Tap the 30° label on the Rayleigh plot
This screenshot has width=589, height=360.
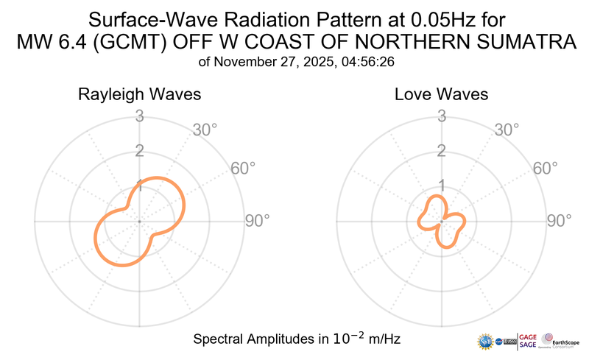(205, 130)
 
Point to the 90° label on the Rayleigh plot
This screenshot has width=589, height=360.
(257, 220)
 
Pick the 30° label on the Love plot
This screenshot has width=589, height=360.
(507, 130)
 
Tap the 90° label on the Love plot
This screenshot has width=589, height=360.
(559, 220)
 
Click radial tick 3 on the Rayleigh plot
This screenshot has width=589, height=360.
(139, 116)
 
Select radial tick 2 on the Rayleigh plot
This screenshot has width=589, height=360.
(139, 151)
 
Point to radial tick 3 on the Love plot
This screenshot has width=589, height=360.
(442, 116)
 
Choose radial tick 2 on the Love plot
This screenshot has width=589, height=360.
(442, 151)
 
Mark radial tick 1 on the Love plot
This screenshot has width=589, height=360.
(442, 186)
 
